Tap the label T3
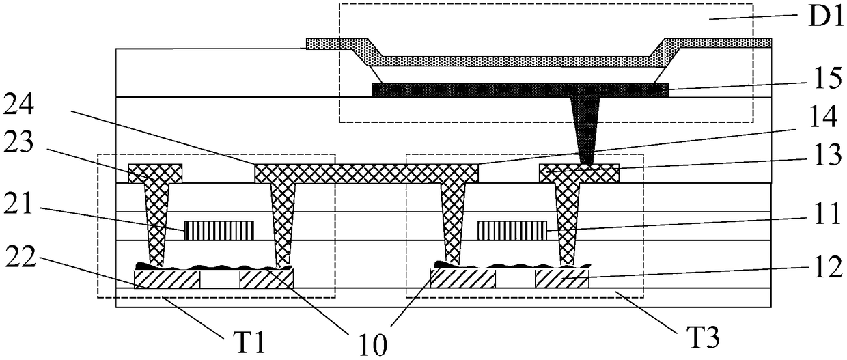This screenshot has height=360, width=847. [x=697, y=335]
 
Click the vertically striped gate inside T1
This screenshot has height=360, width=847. [x=219, y=230]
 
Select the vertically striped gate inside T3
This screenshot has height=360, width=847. [x=512, y=230]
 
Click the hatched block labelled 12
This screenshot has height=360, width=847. [x=561, y=278]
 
